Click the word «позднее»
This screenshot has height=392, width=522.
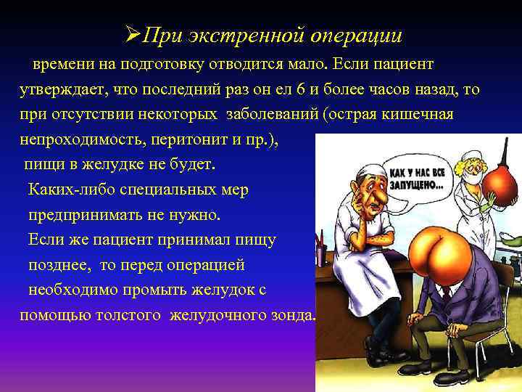pos(59,264)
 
